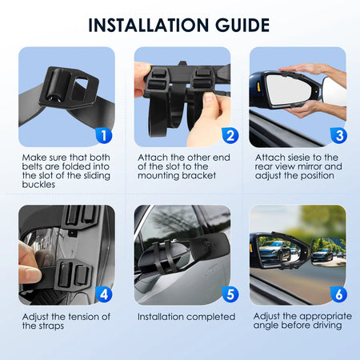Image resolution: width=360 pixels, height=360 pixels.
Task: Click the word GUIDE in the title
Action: (242, 26)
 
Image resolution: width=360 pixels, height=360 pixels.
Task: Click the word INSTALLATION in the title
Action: (149, 26)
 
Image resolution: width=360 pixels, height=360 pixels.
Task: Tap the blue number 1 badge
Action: (104, 135)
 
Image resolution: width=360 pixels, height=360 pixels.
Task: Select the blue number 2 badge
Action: (230, 135)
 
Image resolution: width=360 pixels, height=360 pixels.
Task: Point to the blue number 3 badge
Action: (339, 135)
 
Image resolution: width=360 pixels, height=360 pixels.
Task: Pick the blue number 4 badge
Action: (104, 294)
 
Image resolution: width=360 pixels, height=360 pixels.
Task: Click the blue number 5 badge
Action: (230, 294)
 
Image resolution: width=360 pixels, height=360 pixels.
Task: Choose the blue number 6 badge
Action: (339, 294)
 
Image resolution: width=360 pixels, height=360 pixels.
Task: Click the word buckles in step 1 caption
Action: (38, 185)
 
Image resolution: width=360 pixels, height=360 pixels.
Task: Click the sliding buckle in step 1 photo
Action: (69, 87)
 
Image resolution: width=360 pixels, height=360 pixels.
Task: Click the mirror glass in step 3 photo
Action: (289, 90)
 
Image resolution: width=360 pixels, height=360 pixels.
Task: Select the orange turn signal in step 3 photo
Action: (258, 86)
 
